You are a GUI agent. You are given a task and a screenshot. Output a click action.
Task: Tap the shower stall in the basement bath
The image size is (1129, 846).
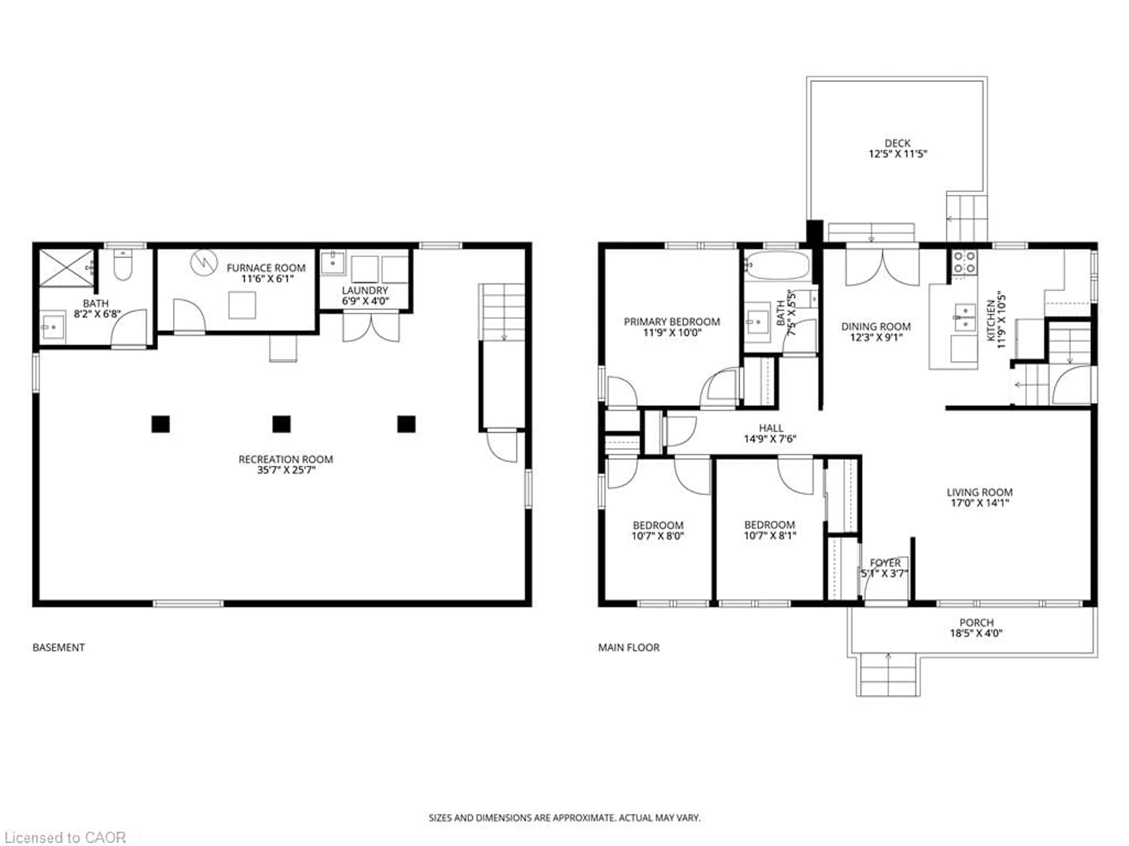tap(67, 268)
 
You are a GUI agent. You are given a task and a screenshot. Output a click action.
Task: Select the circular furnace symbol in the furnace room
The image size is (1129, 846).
tap(204, 262)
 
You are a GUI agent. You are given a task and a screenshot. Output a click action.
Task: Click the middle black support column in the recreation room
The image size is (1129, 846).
tap(281, 424)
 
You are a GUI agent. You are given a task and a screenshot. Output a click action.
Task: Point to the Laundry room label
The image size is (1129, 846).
tap(365, 290)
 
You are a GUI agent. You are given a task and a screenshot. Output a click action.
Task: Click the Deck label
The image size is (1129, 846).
tap(897, 143)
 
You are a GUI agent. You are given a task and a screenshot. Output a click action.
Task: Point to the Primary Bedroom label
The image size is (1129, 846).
tap(672, 322)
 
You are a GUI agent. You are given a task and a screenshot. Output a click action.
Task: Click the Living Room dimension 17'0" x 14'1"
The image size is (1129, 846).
tap(979, 503)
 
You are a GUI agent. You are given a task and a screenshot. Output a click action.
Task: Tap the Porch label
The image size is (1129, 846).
tap(976, 623)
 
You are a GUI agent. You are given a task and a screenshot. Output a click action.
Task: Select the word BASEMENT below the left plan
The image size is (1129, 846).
tap(59, 648)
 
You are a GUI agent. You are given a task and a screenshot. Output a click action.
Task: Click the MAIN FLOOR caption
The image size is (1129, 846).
tap(629, 648)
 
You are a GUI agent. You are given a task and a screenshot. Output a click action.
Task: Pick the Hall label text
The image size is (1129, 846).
tap(771, 428)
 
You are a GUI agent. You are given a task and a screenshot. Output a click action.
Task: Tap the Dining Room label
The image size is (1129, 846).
tap(876, 326)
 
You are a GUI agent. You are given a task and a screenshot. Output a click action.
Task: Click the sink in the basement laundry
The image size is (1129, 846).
tap(333, 263)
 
